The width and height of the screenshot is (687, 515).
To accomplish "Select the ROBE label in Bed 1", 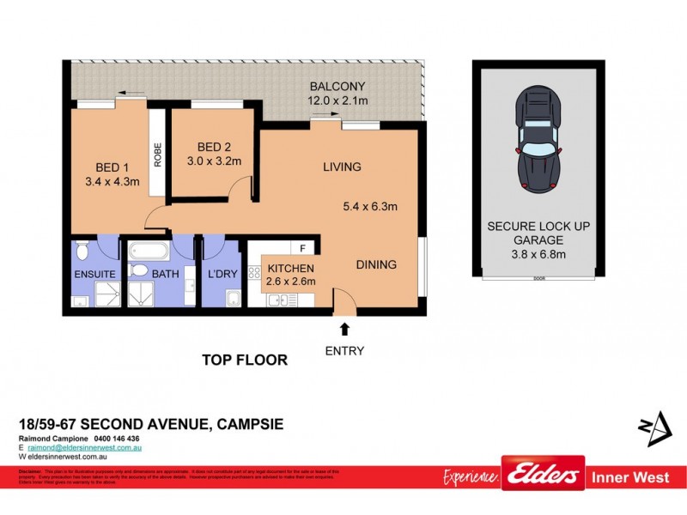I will coord(158,153).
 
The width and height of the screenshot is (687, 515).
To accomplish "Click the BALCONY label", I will coord(337,86).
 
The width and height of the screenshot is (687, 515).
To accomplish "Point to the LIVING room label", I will coord(342,167).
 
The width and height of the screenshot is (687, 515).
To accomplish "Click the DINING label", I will coord(376,264).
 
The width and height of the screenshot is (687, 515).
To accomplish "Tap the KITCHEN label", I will coord(286,268).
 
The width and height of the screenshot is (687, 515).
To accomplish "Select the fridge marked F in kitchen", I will coord(303,249).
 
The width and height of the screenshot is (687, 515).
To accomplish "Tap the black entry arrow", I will coord(344,329).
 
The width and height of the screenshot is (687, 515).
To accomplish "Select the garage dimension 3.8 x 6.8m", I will coord(537,254).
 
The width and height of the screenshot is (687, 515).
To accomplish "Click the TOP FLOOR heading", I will coord(244,360).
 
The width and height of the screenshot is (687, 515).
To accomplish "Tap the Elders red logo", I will coord(543,475).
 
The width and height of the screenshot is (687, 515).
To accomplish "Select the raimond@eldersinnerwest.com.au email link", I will coord(84,447).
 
